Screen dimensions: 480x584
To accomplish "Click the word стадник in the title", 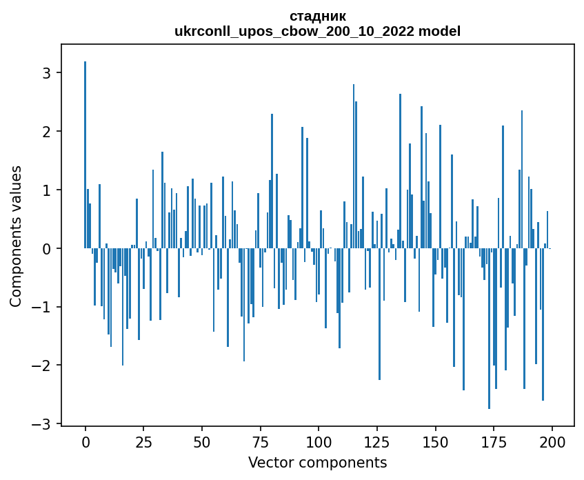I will (317, 16).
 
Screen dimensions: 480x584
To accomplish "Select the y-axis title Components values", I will (16, 236).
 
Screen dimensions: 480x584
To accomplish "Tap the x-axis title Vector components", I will (317, 462).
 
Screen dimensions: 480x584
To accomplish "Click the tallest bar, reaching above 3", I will (85, 155).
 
